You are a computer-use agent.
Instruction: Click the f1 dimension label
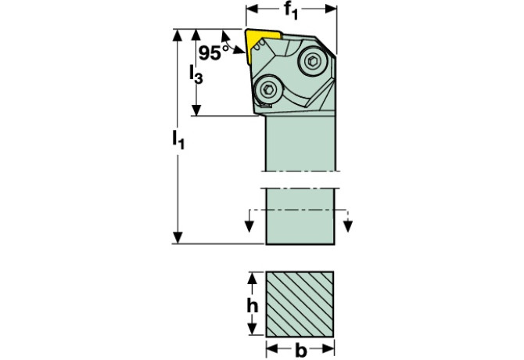tap(291, 11)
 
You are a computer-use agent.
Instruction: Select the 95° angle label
tap(214, 52)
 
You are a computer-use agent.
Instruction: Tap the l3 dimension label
tap(196, 74)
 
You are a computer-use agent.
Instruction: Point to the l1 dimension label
tap(178, 139)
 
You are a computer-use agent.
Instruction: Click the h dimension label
tap(253, 305)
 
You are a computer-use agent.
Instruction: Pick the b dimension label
tap(301, 351)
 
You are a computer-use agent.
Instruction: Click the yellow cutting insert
tap(260, 45)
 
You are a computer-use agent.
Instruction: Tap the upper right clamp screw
tap(312, 61)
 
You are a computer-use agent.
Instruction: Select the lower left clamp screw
tap(267, 89)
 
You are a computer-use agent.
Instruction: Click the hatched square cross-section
tap(300, 304)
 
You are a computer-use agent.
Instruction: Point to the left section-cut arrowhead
tap(249, 226)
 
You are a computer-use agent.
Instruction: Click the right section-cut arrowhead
tap(348, 226)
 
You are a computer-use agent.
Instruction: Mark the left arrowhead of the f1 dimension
tap(252, 9)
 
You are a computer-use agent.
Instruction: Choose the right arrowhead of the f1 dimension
tap(331, 9)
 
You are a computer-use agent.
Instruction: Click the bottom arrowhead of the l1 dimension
tap(178, 237)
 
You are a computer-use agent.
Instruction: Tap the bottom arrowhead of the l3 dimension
tap(196, 110)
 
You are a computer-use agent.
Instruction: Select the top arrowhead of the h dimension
tap(253, 278)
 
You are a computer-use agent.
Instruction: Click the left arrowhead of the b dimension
tap(272, 349)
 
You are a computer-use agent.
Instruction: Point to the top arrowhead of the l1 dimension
tap(178, 35)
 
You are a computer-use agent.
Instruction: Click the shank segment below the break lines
tap(300, 216)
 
